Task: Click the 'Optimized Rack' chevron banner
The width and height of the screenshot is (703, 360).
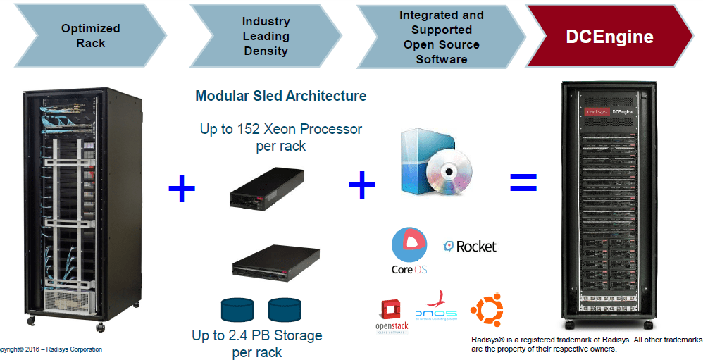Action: click(x=90, y=36)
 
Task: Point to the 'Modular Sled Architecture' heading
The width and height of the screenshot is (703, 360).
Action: click(x=281, y=96)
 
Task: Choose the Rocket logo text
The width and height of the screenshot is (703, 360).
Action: click(x=470, y=247)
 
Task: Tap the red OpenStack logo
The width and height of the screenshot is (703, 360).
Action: click(x=391, y=316)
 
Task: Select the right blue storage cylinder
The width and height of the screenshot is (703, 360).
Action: click(x=284, y=309)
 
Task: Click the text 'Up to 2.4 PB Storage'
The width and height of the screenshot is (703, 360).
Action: click(x=256, y=335)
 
